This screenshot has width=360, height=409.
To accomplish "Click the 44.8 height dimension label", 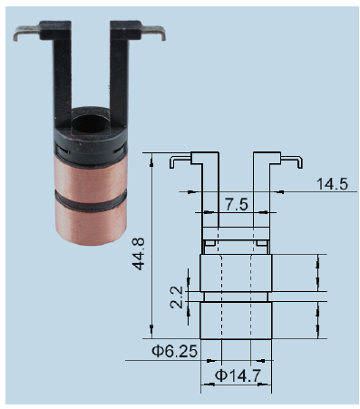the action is tap(139, 254).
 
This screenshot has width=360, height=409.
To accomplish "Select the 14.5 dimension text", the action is tap(332, 184).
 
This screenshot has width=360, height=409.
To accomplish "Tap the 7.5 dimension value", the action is tap(237, 204).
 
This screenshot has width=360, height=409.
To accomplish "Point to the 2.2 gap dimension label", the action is tap(177, 297).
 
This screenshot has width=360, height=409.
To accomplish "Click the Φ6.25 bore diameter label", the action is tap(174, 351).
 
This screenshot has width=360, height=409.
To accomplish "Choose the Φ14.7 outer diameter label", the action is tap(238, 375).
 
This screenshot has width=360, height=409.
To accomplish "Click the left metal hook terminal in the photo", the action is tap(26, 33).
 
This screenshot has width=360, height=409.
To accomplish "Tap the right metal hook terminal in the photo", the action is tap(154, 33).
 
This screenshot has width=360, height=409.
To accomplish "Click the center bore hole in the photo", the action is tap(88, 123).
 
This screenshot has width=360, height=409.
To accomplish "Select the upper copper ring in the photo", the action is tap(91, 175).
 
